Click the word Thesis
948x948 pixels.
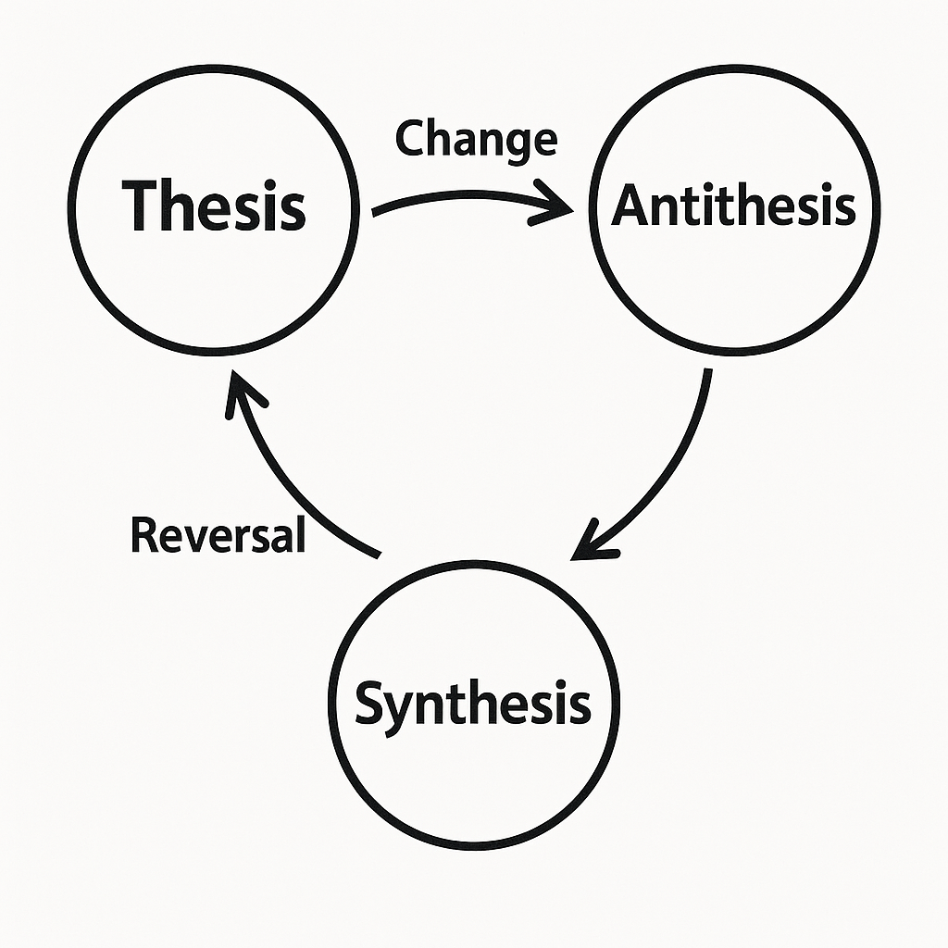(214, 205)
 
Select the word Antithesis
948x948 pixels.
(733, 205)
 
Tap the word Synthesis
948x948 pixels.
(472, 704)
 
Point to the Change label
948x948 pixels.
(476, 139)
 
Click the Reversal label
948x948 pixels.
(218, 535)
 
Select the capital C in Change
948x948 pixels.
(410, 139)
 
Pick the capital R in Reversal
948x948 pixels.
(143, 535)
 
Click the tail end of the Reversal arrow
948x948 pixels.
(377, 554)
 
